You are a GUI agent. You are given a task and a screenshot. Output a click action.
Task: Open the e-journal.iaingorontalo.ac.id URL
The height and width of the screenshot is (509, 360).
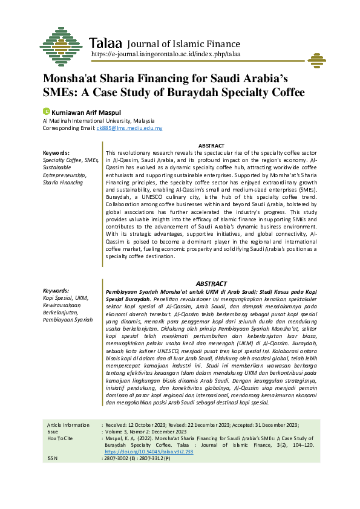pos(166,54)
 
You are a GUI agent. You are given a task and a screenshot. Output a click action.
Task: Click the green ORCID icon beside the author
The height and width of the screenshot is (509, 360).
pos(46,112)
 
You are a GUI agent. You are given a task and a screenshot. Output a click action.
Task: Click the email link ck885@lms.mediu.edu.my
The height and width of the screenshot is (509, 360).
pos(129,128)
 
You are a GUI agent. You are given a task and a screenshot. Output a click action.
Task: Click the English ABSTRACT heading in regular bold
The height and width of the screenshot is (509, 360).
pos(212,146)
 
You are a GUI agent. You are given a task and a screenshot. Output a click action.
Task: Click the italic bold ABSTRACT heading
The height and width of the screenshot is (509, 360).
pos(212,284)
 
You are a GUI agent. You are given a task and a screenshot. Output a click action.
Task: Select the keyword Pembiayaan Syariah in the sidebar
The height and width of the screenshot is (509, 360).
pos(67,319)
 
